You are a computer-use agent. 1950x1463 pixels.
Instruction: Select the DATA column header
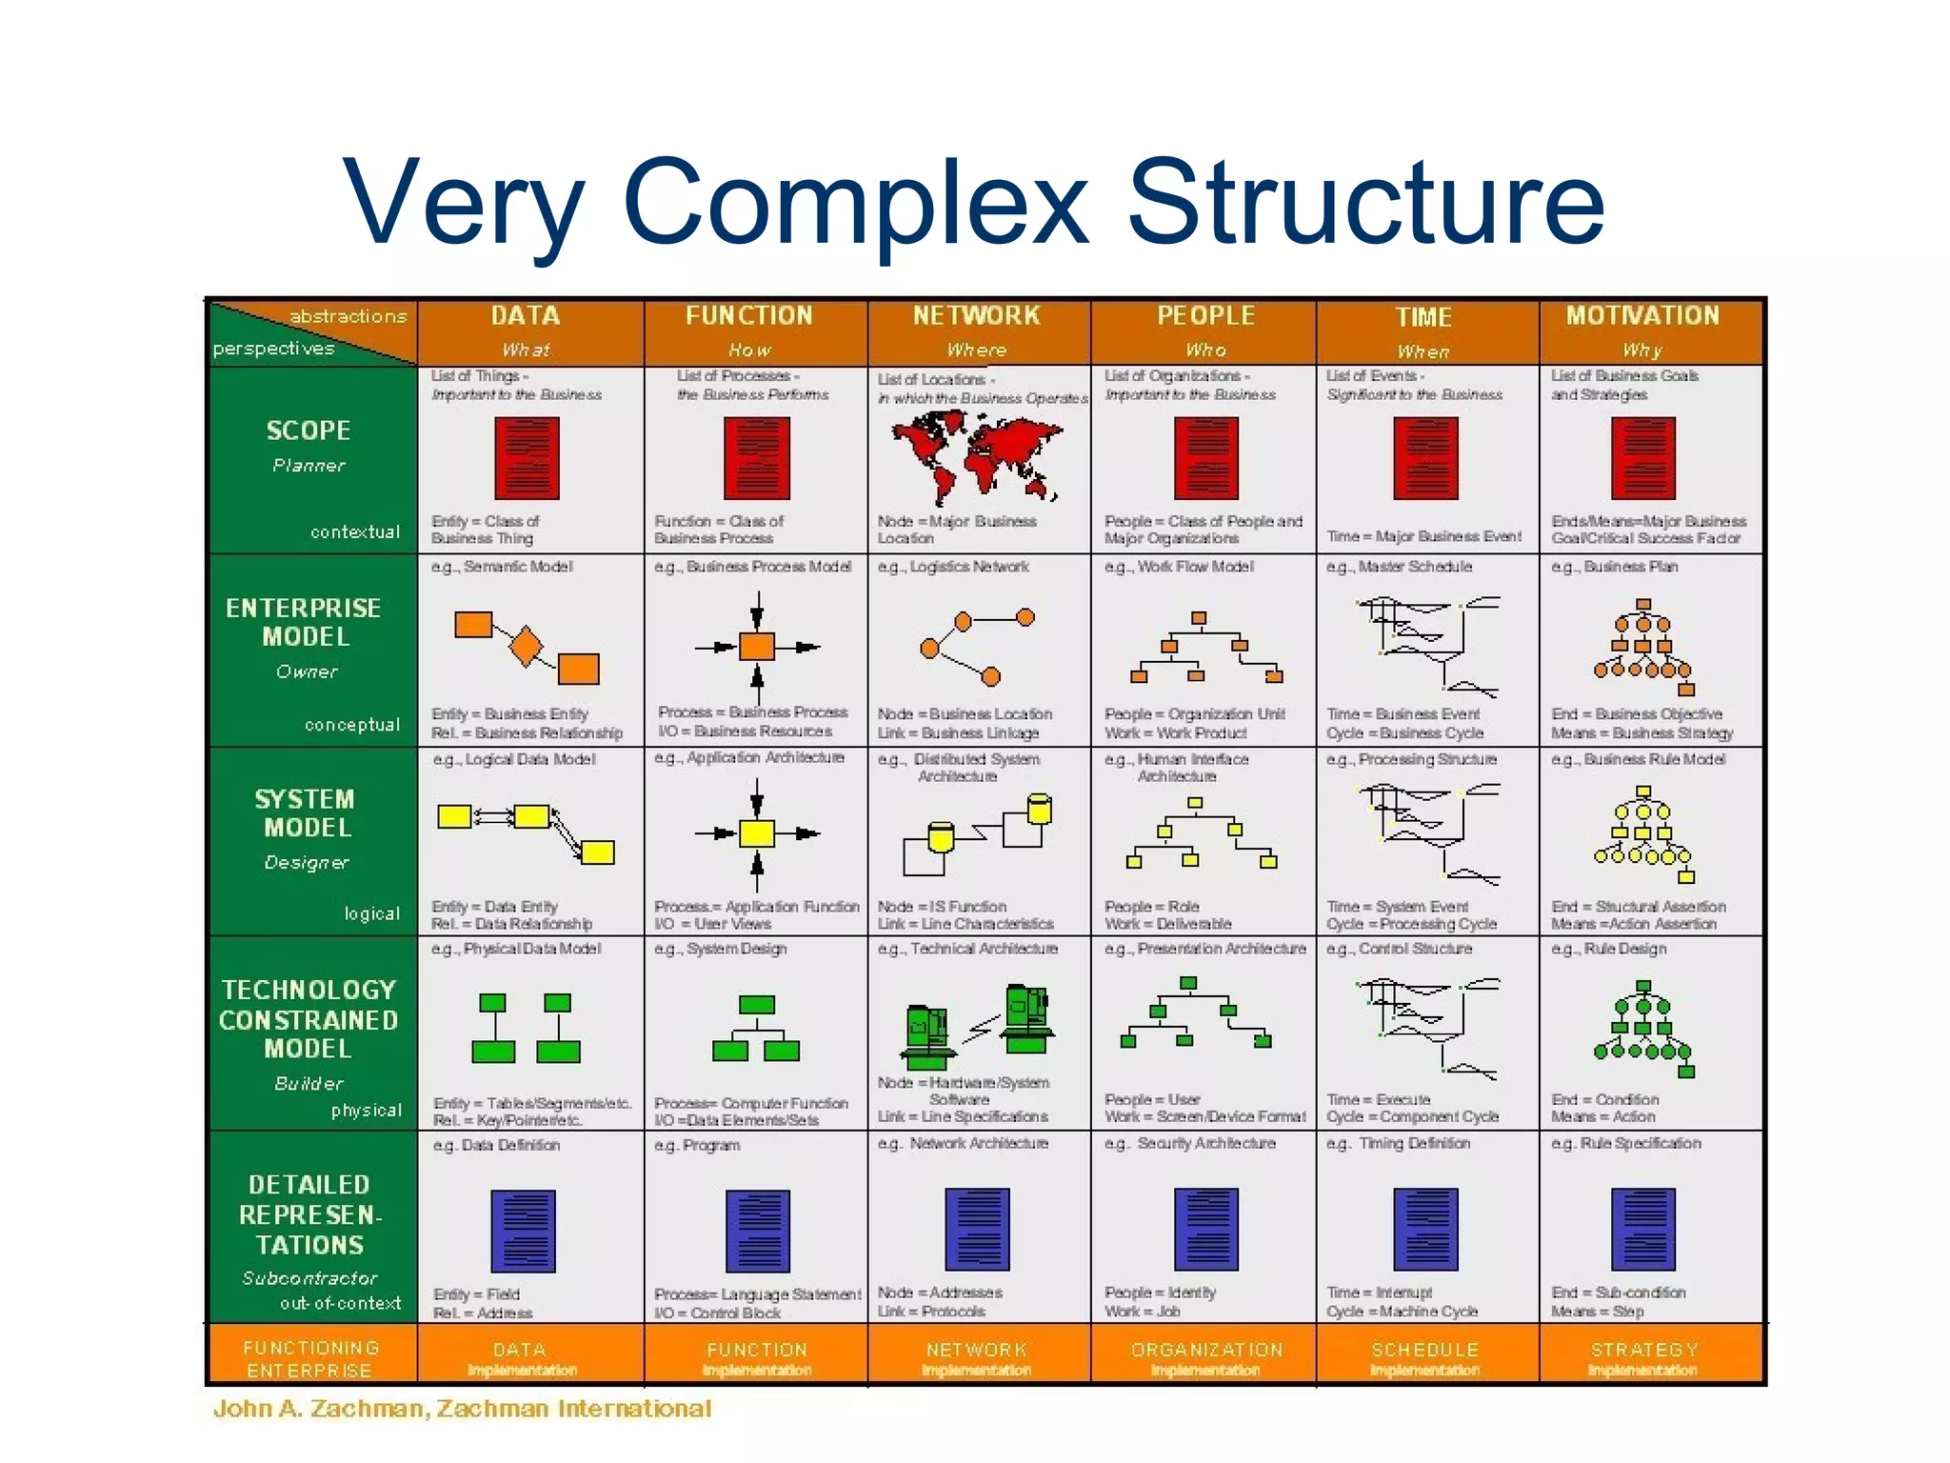coord(526,316)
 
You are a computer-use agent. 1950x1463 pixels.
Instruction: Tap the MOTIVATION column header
coord(1642,316)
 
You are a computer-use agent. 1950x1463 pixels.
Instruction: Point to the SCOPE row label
coord(308,431)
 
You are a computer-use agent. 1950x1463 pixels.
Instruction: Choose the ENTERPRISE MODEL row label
coord(305,622)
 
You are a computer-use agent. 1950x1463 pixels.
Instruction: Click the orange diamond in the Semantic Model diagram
coord(526,646)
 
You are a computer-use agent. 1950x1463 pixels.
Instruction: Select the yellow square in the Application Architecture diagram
coord(757,833)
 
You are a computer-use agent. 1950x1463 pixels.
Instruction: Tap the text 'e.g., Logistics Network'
coord(953,567)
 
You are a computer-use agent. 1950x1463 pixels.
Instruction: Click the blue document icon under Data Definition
coord(523,1231)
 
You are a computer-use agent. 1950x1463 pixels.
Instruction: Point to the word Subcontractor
coord(309,1278)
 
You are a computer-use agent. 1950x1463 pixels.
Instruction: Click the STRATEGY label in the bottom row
coord(1644,1350)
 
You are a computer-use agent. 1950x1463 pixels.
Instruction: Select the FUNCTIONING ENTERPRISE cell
coord(310,1359)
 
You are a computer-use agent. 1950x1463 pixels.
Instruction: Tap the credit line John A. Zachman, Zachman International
coord(462,1409)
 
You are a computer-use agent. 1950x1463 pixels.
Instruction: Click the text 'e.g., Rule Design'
coord(1609,949)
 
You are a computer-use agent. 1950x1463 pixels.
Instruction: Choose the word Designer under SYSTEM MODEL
coord(307,863)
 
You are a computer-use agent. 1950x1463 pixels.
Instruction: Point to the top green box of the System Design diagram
coord(757,1005)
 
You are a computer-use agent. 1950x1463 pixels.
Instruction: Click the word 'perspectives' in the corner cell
coord(274,349)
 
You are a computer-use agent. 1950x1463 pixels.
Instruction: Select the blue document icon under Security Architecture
coord(1206,1229)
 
